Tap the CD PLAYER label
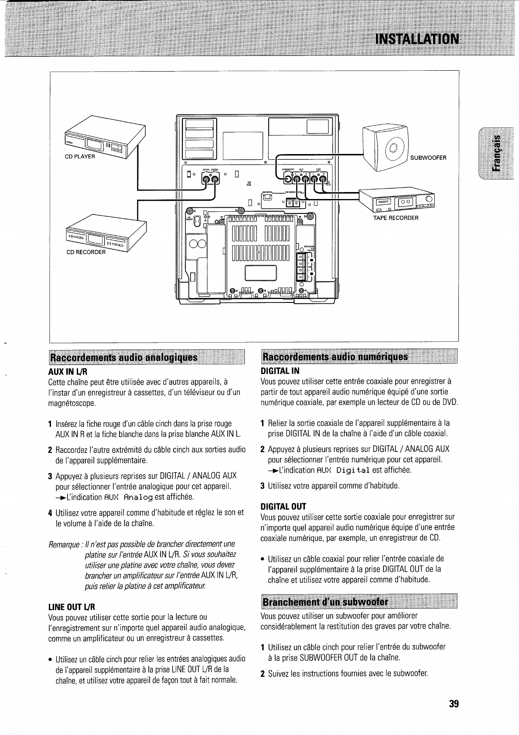click(x=80, y=157)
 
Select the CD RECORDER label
click(x=86, y=252)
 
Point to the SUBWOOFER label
click(x=429, y=158)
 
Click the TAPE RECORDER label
click(x=396, y=218)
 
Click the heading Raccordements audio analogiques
click(x=124, y=358)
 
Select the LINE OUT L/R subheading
click(x=72, y=607)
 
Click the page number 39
click(x=454, y=704)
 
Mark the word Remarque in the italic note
click(x=64, y=544)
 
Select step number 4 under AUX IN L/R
click(x=51, y=513)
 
